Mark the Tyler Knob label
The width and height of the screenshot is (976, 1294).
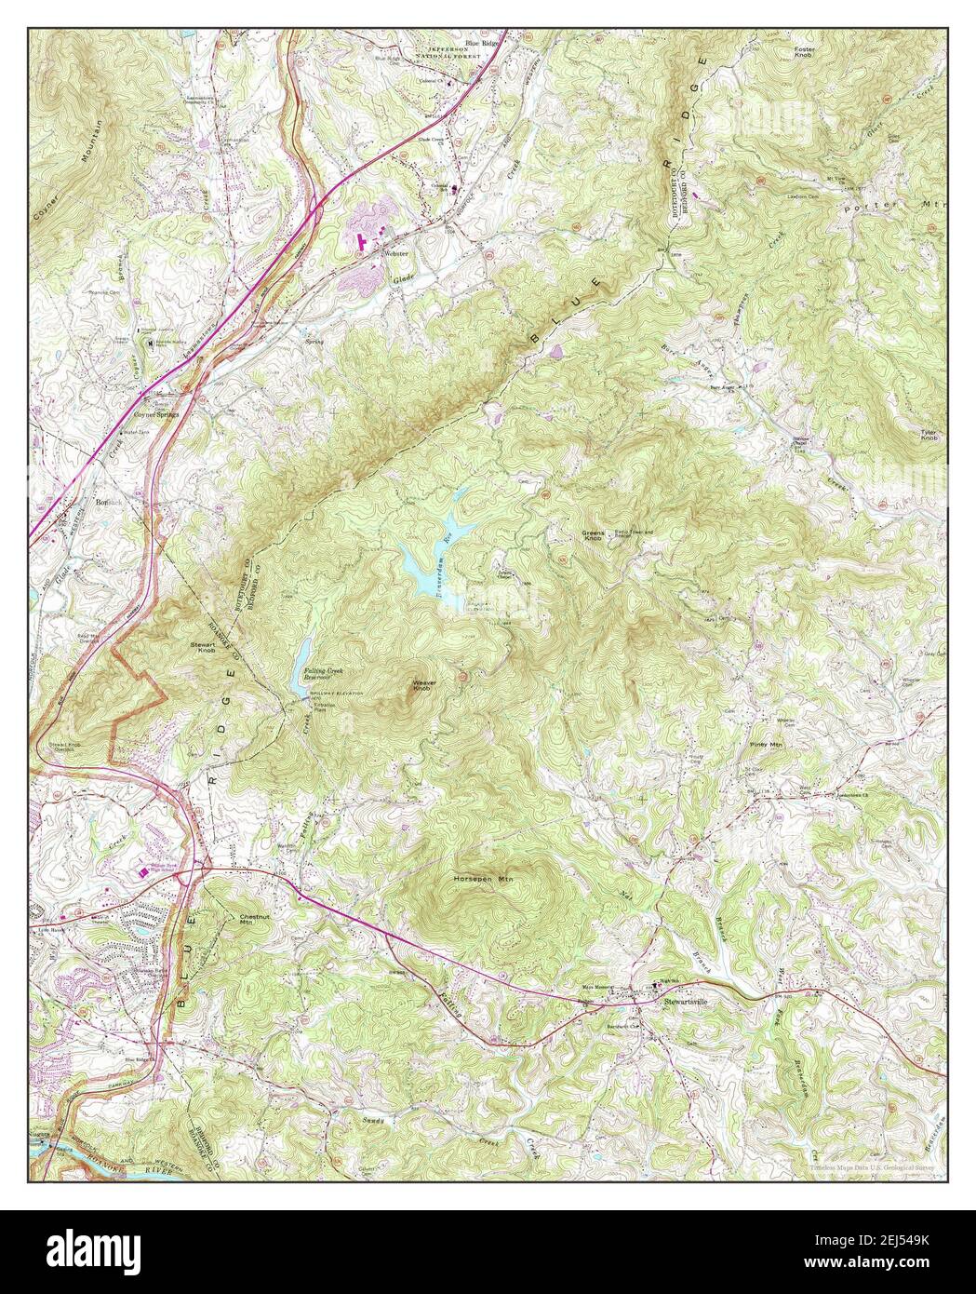[x=928, y=436]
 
